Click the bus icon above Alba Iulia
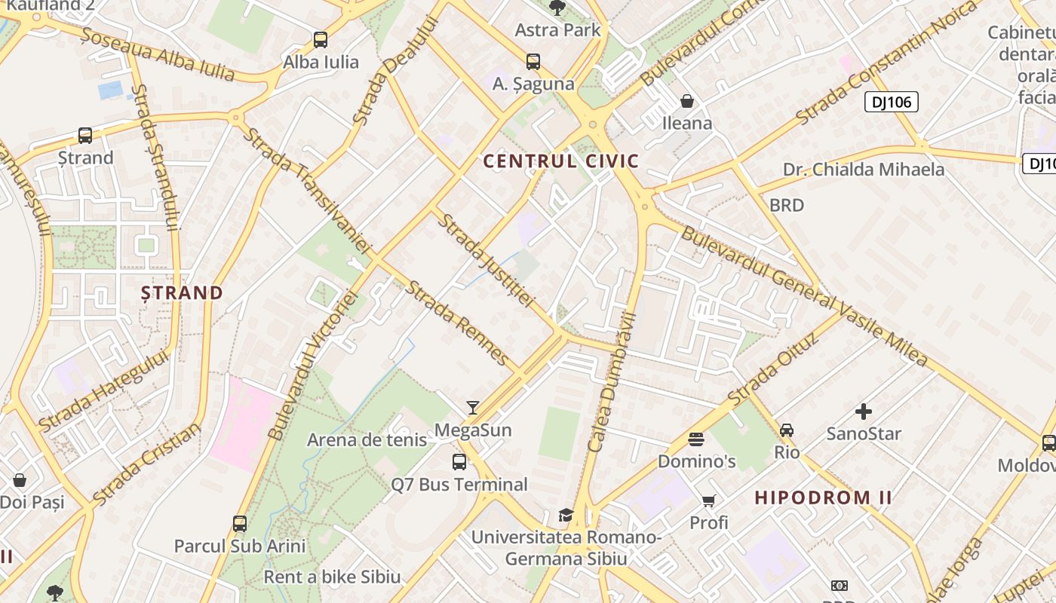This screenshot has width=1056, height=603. [x=321, y=40]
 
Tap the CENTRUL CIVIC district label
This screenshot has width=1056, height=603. [x=560, y=161]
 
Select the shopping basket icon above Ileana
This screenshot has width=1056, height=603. [x=687, y=101]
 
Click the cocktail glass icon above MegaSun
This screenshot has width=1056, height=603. [x=473, y=408]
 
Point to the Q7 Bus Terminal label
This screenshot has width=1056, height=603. [x=459, y=484]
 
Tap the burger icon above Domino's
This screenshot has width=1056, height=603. [x=696, y=439]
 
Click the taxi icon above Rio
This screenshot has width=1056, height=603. [x=787, y=430]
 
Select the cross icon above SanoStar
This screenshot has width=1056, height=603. [x=864, y=412]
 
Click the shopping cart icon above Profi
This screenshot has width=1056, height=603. [x=709, y=500]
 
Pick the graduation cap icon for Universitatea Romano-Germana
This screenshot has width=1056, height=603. [x=566, y=515]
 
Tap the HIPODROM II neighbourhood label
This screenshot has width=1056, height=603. [x=824, y=497]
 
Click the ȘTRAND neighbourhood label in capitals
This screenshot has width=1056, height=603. [x=182, y=292]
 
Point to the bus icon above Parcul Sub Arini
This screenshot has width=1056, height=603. [x=240, y=524]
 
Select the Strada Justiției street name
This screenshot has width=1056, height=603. [x=487, y=261]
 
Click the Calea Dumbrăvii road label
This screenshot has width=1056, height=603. [x=613, y=382]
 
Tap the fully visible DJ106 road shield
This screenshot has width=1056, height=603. [x=891, y=102]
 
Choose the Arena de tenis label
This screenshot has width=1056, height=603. [x=367, y=439]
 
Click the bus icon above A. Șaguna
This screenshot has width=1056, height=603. [x=533, y=62]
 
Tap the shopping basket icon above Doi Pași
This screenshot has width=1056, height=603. [x=20, y=480]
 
